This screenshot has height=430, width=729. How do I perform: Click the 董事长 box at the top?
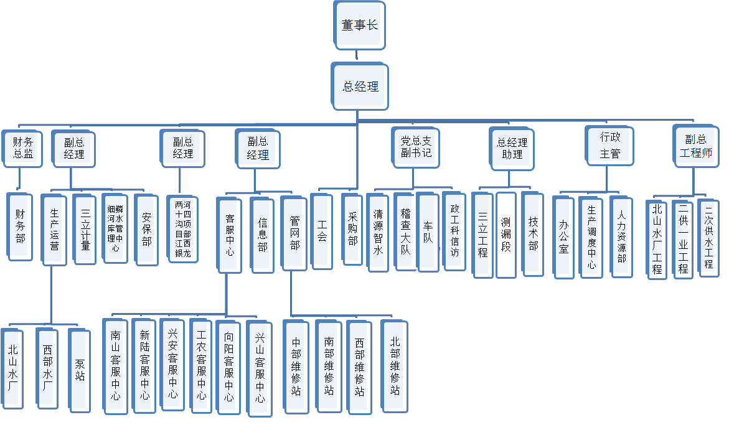click(360, 26)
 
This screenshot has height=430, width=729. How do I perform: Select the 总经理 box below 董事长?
click(360, 86)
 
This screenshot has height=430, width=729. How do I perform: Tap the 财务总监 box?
click(23, 148)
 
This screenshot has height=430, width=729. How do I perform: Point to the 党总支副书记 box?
click(416, 147)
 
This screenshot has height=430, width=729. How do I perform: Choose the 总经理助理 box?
click(512, 148)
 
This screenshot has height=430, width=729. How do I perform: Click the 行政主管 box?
click(610, 146)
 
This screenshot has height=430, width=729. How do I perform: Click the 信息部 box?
click(262, 235)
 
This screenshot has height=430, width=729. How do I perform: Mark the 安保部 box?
click(147, 230)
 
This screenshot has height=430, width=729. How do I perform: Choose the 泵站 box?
click(80, 370)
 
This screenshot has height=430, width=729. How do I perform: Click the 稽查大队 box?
click(405, 231)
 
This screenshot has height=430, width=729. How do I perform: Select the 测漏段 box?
click(506, 235)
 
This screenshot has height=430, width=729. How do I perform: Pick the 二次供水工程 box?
click(708, 238)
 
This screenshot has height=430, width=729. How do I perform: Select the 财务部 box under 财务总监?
click(21, 227)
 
